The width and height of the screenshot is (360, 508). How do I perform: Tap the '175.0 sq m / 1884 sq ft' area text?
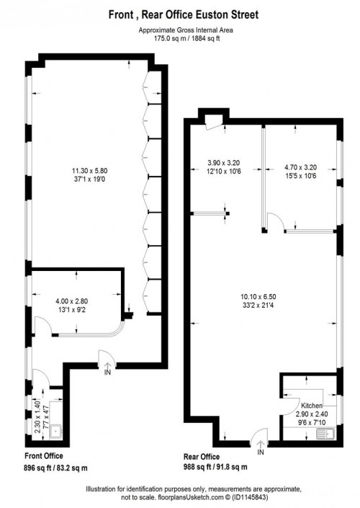coord(179,39)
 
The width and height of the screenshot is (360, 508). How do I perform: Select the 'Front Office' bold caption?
coord(42,456)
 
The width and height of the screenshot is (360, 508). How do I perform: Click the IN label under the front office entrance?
coord(107,373)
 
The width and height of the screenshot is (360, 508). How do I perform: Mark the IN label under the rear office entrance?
coord(261,452)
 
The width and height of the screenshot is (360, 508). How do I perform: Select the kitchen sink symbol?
coord(328,433)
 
